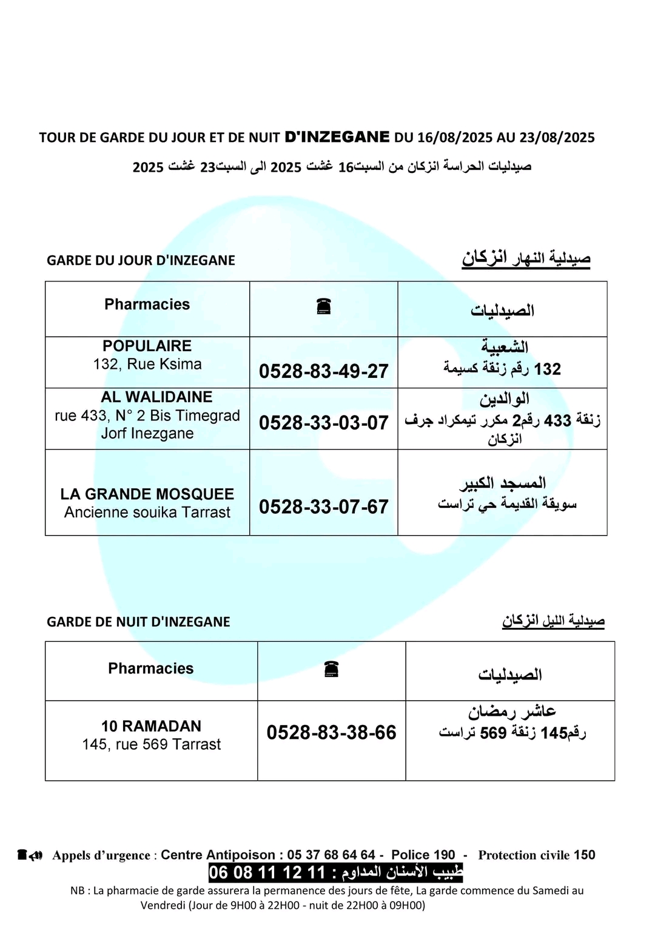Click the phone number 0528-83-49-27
323,371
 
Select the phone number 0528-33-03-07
323,423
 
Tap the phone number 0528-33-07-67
323,507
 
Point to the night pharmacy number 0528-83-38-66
331,732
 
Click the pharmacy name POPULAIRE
147,346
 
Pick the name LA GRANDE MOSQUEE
147,494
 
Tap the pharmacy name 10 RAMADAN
151,726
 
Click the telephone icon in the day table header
323,307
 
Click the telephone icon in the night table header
331,669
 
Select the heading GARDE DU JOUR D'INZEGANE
141,260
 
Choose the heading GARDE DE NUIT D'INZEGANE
138,622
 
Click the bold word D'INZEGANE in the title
337,137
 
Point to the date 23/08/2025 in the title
557,138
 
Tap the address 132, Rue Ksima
147,364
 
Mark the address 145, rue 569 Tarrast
151,744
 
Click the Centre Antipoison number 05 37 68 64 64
331,855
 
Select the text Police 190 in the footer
423,855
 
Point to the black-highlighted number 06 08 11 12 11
267,873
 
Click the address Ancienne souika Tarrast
147,513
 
